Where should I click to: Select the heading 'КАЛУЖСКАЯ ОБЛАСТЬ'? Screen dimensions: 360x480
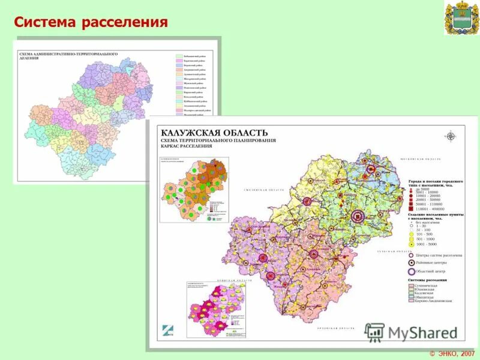tap(213, 133)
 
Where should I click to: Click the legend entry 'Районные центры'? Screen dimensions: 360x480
tap(430, 262)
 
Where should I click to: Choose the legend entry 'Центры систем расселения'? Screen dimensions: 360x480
tap(435, 255)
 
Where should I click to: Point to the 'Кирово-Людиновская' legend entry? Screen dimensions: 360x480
tap(433, 300)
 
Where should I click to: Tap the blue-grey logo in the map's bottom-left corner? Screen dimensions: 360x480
tap(167, 329)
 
